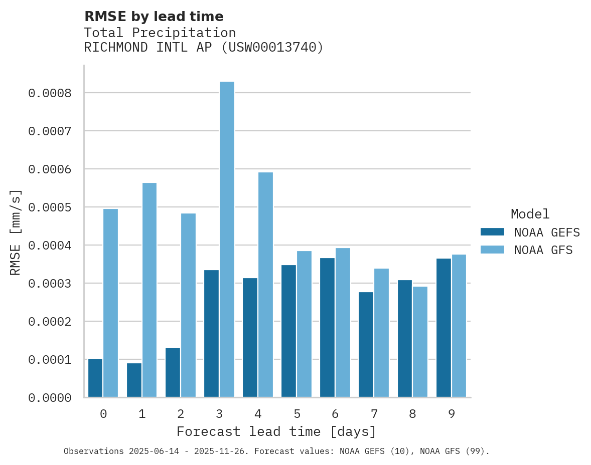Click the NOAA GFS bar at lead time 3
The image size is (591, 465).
point(227,240)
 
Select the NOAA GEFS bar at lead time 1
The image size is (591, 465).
point(134,380)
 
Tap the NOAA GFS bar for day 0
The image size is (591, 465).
point(111,303)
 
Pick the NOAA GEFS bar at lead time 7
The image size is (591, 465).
point(366,345)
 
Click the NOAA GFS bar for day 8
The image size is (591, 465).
point(420,342)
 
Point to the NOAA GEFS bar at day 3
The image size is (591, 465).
point(211,334)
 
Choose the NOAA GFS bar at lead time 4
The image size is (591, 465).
point(265,285)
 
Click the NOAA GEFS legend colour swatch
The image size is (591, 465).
point(492,232)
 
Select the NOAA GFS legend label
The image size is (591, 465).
point(543,250)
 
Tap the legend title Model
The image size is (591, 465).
point(530,214)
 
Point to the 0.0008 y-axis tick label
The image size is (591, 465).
point(50,93)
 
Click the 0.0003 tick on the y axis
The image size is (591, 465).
point(50,284)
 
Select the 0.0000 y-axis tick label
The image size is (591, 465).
point(50,398)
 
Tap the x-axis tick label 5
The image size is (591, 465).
point(297,414)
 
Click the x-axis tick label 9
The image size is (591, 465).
point(452,414)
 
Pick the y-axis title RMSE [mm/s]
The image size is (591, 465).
point(16,232)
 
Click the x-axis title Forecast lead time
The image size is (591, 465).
point(276,431)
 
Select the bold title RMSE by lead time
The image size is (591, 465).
point(154,17)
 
